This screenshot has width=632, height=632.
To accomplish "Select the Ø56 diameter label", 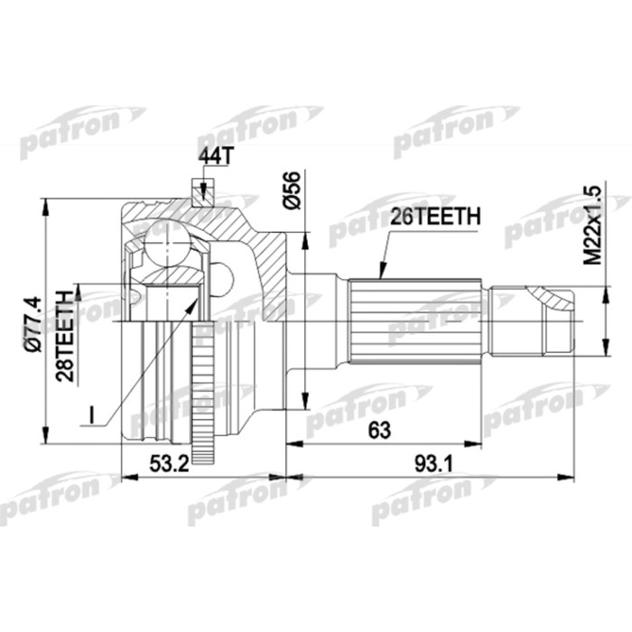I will tap(291, 191).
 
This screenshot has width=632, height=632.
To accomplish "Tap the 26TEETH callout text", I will tap(432, 217).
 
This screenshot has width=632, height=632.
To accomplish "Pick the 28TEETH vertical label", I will tap(65, 323).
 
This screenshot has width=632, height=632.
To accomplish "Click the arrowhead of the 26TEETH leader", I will tap(381, 272).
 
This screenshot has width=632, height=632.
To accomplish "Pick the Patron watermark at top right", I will tap(456, 127).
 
